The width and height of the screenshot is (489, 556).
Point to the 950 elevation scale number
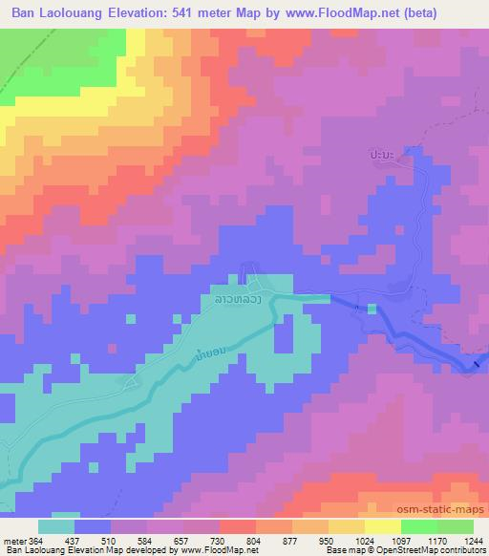click(x=325, y=541)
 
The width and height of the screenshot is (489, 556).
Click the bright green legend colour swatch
click(x=419, y=526)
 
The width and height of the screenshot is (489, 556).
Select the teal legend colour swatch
click(x=56, y=526)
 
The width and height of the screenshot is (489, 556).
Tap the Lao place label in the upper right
click(x=387, y=153)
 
